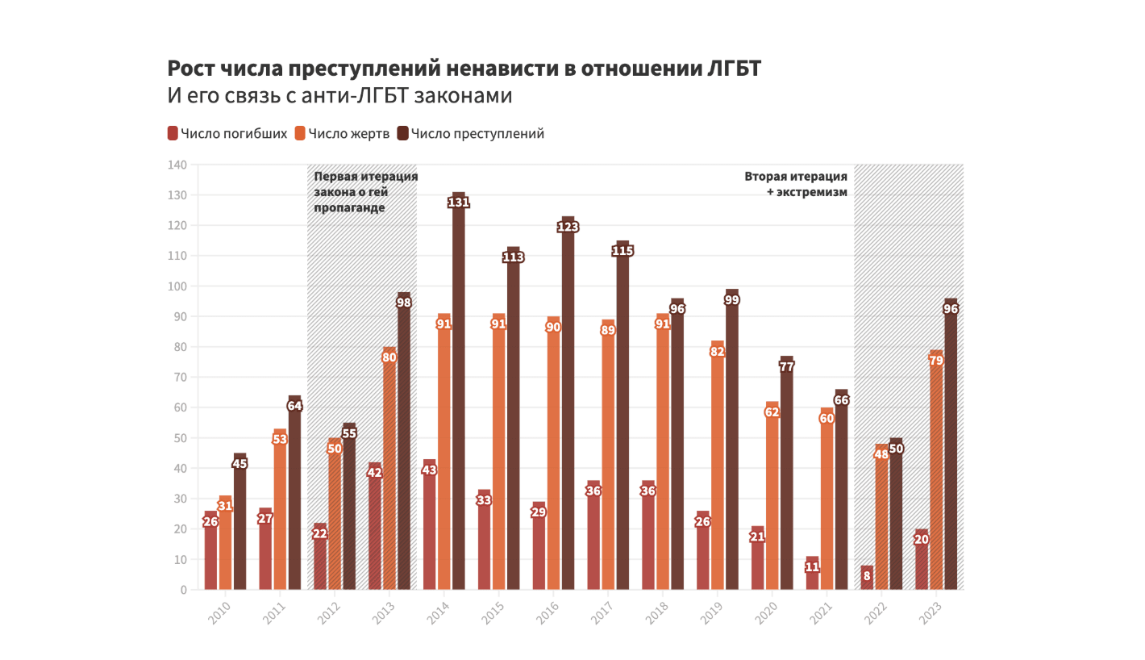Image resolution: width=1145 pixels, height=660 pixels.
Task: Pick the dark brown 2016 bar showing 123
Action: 568,403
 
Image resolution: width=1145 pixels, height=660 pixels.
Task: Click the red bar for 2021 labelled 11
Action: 812,574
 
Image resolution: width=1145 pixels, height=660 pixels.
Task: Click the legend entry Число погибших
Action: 227,134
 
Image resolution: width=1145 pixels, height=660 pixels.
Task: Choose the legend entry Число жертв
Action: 343,134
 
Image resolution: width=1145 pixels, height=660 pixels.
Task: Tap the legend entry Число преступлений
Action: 471,134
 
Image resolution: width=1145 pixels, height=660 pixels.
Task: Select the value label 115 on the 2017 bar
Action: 622,251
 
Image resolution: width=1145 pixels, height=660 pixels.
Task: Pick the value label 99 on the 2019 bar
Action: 731,299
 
